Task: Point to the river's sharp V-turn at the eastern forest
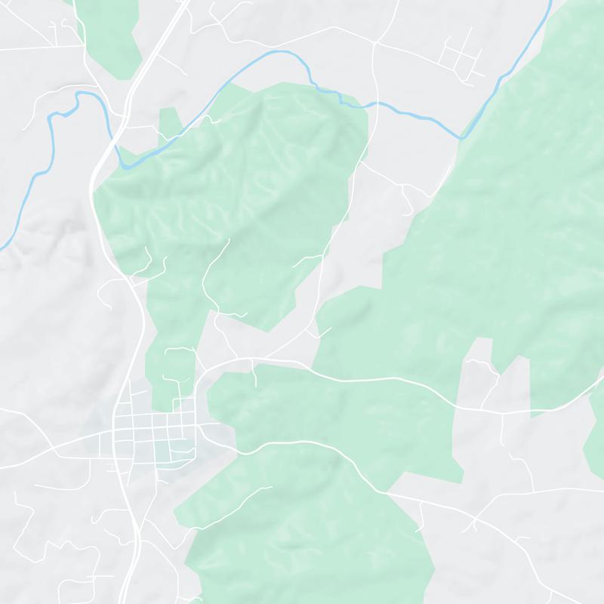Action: click(x=461, y=138)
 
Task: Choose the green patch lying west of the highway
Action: click(x=113, y=30)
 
